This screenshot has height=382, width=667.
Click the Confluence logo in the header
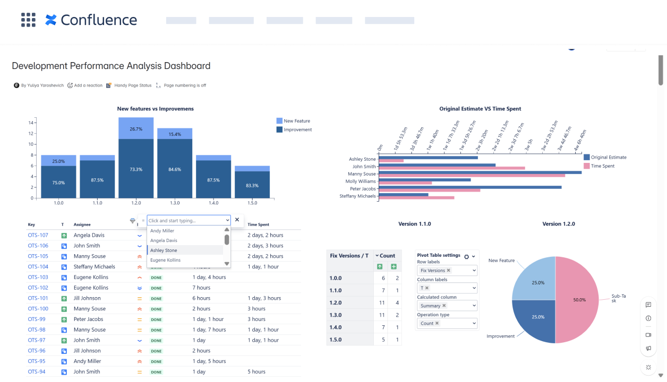91,20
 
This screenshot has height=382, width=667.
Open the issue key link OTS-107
38,235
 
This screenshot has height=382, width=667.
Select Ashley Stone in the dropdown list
164,250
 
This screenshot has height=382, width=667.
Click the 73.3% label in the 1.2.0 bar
135,169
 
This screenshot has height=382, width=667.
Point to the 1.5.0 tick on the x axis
252,203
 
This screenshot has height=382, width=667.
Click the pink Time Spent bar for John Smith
451,168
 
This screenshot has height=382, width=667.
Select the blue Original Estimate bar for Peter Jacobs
469,187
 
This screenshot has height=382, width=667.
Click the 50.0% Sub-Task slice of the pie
579,300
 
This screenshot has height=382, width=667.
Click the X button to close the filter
237,220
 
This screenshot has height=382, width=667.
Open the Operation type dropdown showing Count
447,323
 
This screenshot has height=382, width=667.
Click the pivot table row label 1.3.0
336,315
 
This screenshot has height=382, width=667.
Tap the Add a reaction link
85,85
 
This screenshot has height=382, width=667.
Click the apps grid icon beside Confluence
28,20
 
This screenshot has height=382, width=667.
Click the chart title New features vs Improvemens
155,109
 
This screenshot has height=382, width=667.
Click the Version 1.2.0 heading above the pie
559,224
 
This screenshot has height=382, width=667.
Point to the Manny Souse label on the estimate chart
362,174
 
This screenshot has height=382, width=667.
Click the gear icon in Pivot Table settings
466,256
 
